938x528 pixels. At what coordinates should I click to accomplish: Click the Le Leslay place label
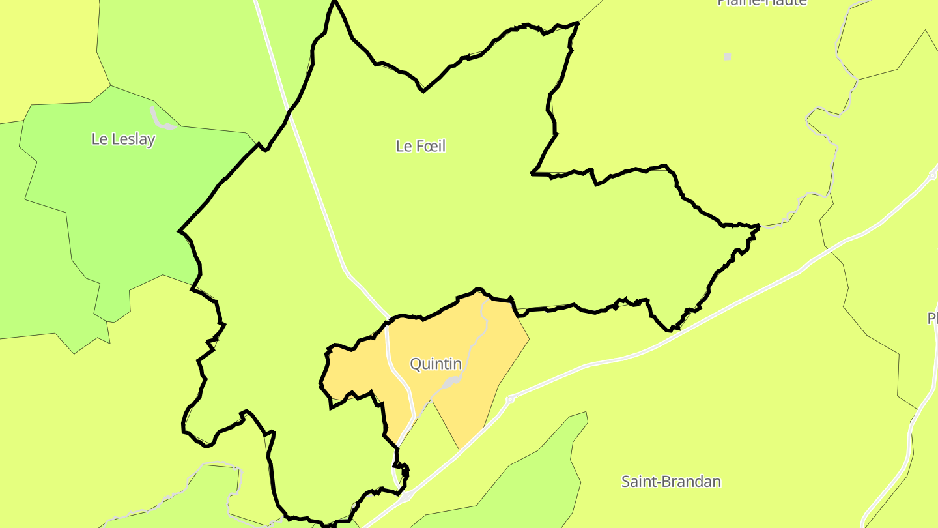pyautogui.click(x=123, y=139)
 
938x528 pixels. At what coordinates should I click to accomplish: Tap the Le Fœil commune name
pyautogui.click(x=421, y=146)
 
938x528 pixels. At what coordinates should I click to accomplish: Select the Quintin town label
pyautogui.click(x=436, y=364)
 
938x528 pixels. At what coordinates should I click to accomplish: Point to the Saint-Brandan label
pyautogui.click(x=671, y=482)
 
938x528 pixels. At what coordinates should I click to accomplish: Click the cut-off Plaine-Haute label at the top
pyautogui.click(x=762, y=3)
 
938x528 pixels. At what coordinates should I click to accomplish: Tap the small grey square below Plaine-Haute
pyautogui.click(x=728, y=57)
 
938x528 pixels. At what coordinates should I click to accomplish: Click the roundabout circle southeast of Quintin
pyautogui.click(x=510, y=399)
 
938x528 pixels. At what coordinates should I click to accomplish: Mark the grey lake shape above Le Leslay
pyautogui.click(x=159, y=119)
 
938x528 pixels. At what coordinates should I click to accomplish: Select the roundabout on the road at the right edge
pyautogui.click(x=933, y=175)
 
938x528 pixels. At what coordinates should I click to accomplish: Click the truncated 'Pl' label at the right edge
pyautogui.click(x=932, y=318)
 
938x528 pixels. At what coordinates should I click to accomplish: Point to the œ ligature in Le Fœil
pyautogui.click(x=424, y=146)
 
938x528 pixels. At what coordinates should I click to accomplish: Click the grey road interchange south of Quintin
pyautogui.click(x=405, y=497)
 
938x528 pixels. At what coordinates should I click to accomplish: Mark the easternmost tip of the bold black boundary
pyautogui.click(x=760, y=227)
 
